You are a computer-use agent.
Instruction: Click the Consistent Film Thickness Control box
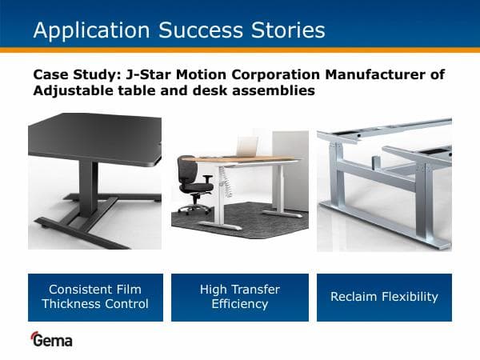[95, 297]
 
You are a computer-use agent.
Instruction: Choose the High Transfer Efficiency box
[240, 297]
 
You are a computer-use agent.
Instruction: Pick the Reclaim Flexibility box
[385, 297]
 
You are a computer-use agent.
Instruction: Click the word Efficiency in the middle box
[240, 304]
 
